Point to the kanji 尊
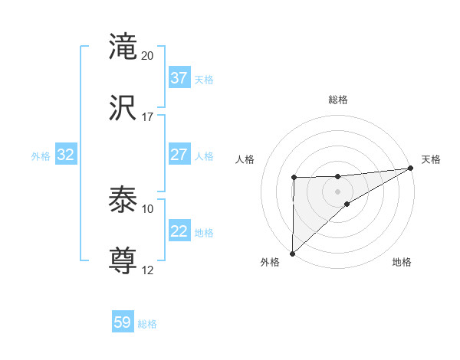pos(123,261)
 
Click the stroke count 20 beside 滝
pos(148,56)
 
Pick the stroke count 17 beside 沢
pos(148,117)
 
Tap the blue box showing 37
pos(179,78)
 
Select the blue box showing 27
pos(179,155)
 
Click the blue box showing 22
pos(179,231)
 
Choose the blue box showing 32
pos(66,155)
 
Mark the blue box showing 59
pos(123,322)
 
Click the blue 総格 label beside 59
pos(147,324)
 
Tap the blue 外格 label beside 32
pos(41,155)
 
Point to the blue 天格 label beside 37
pos(204,79)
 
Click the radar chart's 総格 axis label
pos(338,100)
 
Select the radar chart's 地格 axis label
pos(402,263)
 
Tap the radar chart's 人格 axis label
pos(245,159)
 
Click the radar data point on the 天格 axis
pos(412,168)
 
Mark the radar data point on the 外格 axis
pos(292,253)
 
